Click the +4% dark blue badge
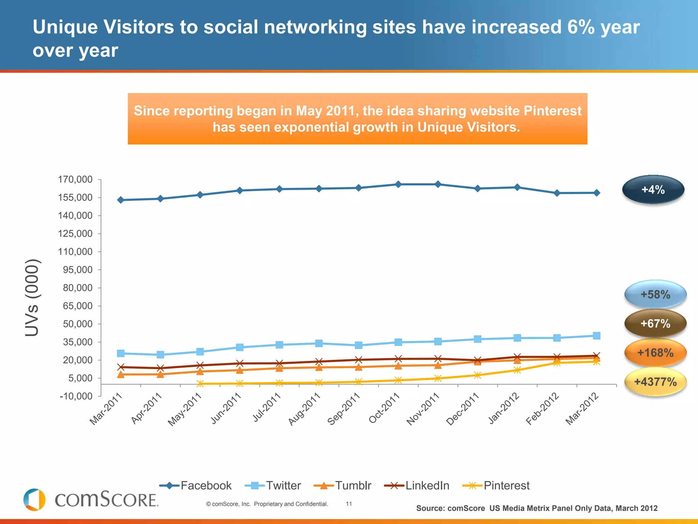[653, 190]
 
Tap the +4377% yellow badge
[655, 382]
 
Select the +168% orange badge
[655, 353]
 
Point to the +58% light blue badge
[655, 294]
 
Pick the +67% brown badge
[655, 323]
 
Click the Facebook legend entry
[196, 485]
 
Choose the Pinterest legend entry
[496, 485]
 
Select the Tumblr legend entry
[343, 485]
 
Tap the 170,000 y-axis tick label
[75, 179]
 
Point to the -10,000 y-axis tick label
[76, 396]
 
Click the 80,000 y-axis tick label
[78, 288]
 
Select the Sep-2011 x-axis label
[343, 409]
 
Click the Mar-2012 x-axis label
[581, 409]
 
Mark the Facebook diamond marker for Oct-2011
[398, 185]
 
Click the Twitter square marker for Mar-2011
[121, 353]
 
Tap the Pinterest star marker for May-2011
[200, 384]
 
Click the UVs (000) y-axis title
[33, 297]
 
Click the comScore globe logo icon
[34, 500]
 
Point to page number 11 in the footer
[349, 504]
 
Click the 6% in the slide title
[581, 27]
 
